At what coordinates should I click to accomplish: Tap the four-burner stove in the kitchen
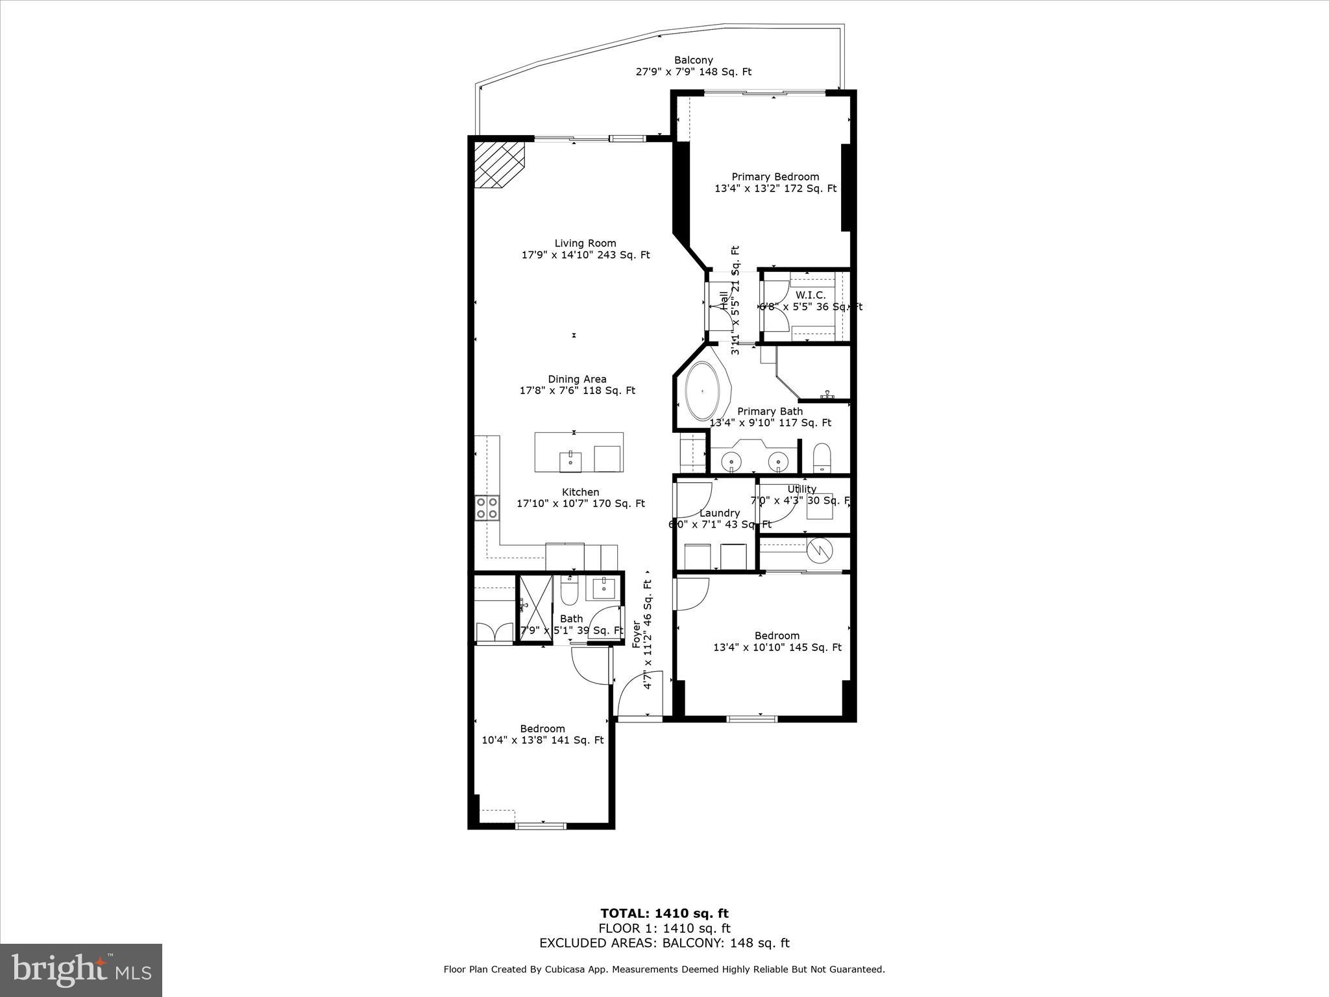487,507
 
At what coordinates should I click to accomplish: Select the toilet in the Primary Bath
822,458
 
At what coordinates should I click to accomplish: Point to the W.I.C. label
811,295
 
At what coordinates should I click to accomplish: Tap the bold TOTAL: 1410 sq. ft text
664,913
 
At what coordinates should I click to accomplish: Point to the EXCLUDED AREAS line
664,943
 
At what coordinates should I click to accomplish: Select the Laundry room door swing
692,500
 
